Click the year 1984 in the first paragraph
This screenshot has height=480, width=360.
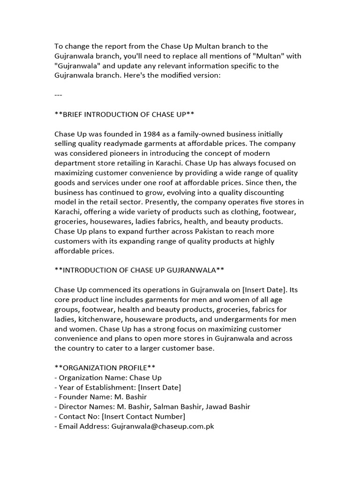[148, 134]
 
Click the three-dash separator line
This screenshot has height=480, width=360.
[59, 95]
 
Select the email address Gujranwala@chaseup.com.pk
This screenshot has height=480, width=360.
[163, 426]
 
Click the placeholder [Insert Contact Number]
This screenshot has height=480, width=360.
[143, 416]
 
